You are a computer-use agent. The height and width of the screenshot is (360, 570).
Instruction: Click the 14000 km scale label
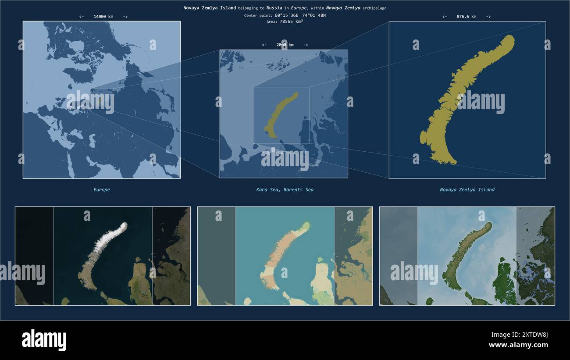[x=103, y=17]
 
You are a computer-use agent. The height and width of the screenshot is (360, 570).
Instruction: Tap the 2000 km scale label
[x=285, y=45]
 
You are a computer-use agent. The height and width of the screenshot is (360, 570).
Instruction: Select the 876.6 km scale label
[x=466, y=17]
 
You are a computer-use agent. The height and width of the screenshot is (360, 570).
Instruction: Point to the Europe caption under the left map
[x=102, y=190]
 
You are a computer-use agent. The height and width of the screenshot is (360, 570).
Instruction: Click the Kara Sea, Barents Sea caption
[x=285, y=190]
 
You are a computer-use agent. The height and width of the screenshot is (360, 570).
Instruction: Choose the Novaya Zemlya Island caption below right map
[x=467, y=190]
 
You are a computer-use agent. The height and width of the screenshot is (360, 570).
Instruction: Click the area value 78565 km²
[x=291, y=21]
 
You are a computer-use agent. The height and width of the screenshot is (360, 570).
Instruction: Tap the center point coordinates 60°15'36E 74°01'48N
[x=300, y=15]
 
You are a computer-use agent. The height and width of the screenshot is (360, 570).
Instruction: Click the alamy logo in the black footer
[x=44, y=340]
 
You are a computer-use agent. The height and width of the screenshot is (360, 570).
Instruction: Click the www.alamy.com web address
[x=518, y=345]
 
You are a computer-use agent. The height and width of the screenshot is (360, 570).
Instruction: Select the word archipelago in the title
[x=374, y=8]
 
